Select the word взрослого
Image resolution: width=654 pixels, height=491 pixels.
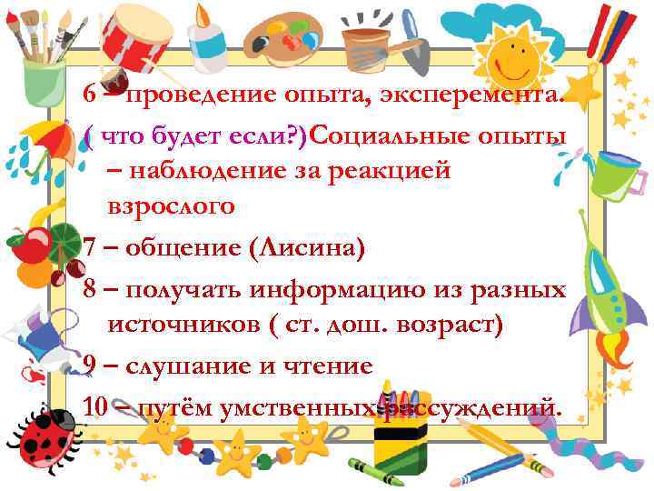[172, 206]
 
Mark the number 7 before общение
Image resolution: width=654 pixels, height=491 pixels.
[89, 245]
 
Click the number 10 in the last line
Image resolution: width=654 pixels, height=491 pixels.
[96, 406]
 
